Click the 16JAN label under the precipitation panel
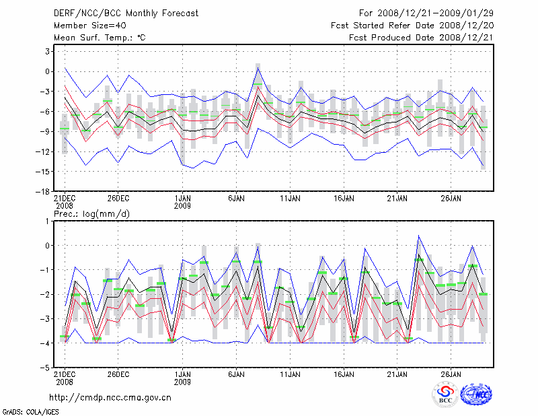tap(344, 374)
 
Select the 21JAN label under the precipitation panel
tap(397, 374)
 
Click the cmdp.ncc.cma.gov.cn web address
tap(111, 397)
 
